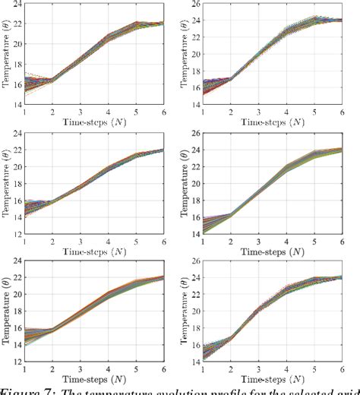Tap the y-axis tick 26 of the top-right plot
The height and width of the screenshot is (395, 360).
tap(196, 6)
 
